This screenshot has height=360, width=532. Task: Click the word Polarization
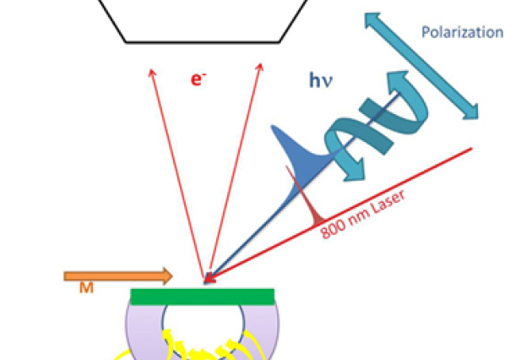click(x=462, y=33)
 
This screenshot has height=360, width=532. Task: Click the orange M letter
click(x=86, y=289)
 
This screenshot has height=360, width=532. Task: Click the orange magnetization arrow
click(x=117, y=275)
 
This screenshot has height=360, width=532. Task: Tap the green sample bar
click(x=203, y=296)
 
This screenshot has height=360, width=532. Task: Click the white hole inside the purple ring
click(x=203, y=325)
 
